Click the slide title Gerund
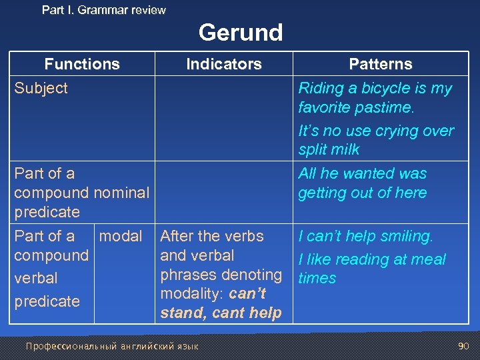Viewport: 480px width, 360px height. coord(240,32)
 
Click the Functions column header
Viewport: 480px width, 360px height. coord(82,64)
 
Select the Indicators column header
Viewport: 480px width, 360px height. coord(223,64)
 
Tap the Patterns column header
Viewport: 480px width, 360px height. coord(381,64)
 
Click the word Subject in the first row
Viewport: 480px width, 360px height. coord(41,88)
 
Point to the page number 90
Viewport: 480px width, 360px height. coord(463,345)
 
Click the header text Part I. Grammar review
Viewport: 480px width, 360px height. coord(103,10)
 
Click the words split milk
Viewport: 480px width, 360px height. coord(329,149)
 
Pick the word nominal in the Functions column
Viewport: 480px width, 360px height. coord(121,193)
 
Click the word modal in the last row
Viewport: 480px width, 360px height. coord(120,236)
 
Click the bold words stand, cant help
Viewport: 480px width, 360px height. coord(221,313)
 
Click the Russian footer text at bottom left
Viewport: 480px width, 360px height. coord(111,346)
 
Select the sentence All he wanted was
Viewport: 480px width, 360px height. coord(362,173)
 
